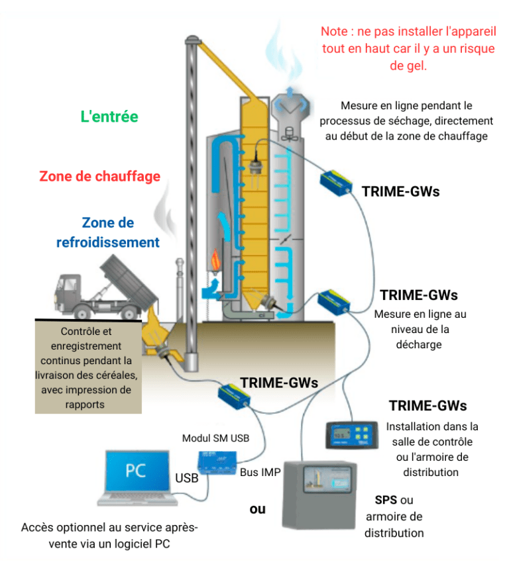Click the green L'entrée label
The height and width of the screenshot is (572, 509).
coord(109,117)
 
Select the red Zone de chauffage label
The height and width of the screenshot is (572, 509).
coord(99,176)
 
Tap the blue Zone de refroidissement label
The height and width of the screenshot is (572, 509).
coord(108,232)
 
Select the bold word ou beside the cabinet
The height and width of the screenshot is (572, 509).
coord(257,509)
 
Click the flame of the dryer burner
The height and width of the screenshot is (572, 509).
coord(216,259)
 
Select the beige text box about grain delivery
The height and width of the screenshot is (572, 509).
coord(87,366)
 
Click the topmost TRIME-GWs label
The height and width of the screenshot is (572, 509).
coord(400,191)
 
